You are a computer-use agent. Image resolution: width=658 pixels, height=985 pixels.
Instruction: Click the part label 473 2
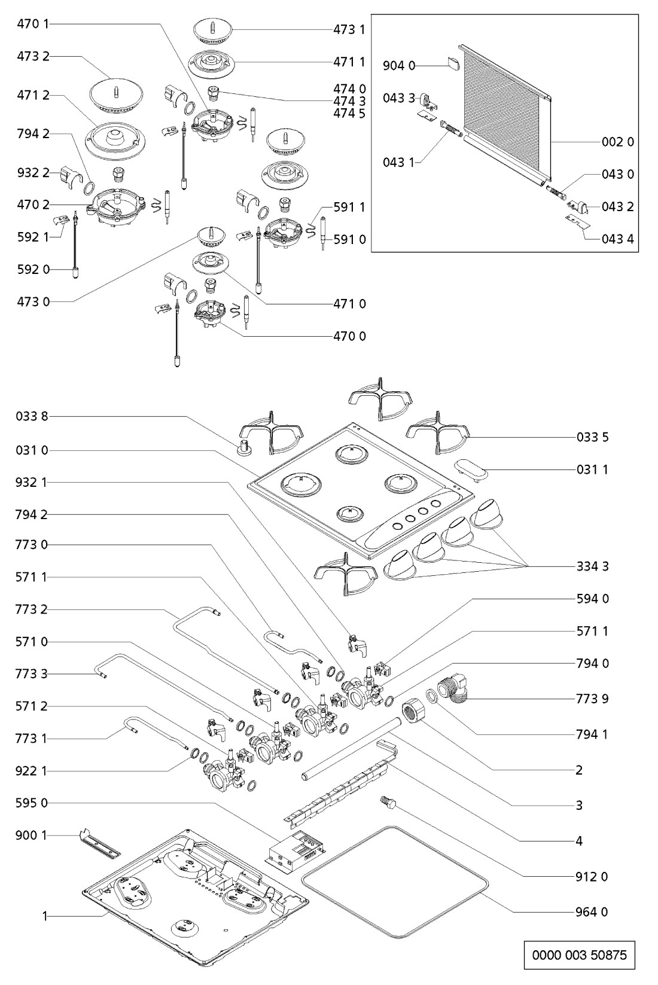click(33, 56)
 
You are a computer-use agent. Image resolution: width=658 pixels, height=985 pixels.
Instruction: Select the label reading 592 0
click(33, 270)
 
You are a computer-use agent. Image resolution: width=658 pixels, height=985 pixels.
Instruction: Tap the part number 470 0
click(350, 336)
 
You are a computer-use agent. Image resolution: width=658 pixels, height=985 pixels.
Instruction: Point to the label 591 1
click(350, 207)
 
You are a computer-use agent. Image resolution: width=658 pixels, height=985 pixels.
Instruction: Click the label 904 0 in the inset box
click(399, 66)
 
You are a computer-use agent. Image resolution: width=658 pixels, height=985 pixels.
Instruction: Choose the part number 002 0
click(618, 142)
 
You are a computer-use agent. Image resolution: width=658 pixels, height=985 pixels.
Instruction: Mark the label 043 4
click(618, 239)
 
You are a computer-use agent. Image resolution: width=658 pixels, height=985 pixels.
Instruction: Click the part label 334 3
click(593, 566)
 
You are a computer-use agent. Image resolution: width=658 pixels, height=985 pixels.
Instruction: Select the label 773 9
click(593, 699)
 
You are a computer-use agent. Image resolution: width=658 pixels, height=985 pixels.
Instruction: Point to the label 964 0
click(593, 912)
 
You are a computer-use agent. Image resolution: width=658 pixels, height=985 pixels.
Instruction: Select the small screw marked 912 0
click(385, 802)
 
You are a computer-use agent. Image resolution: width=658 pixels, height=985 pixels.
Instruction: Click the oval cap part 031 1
click(471, 469)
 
